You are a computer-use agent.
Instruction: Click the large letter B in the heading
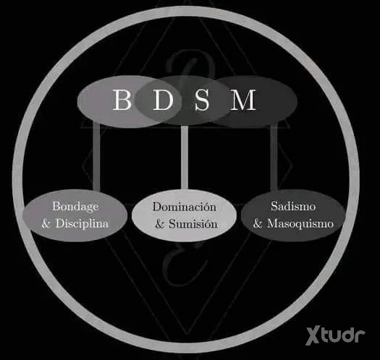pyautogui.click(x=122, y=100)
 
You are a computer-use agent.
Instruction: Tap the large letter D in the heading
pyautogui.click(x=163, y=100)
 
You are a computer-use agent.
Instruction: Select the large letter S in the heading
pyautogui.click(x=202, y=100)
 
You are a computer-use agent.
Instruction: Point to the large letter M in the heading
pyautogui.click(x=243, y=100)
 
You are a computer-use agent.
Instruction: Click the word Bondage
pyautogui.click(x=75, y=207)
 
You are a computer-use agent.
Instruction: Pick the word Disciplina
pyautogui.click(x=82, y=223)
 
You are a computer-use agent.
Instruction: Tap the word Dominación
pyautogui.click(x=184, y=207)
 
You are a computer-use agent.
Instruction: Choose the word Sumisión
pyautogui.click(x=193, y=223)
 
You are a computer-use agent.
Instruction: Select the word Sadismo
pyautogui.click(x=293, y=206)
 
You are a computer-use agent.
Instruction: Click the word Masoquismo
pyautogui.click(x=300, y=223)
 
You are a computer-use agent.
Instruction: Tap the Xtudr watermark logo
pyautogui.click(x=335, y=335)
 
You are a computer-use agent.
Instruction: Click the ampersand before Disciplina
pyautogui.click(x=46, y=223)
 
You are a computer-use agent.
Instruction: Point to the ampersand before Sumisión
pyautogui.click(x=160, y=224)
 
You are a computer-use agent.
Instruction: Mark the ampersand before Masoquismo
pyautogui.click(x=258, y=224)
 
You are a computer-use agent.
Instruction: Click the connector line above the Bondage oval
pyautogui.click(x=96, y=158)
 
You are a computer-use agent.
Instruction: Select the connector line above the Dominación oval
pyautogui.click(x=185, y=158)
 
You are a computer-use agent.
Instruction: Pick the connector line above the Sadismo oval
pyautogui.click(x=274, y=158)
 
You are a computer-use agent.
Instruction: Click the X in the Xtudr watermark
pyautogui.click(x=313, y=336)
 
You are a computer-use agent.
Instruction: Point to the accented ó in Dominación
pyautogui.click(x=205, y=207)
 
